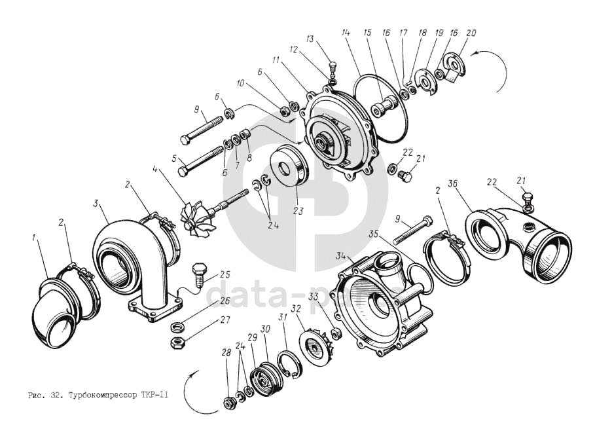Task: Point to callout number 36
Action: tap(451, 184)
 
